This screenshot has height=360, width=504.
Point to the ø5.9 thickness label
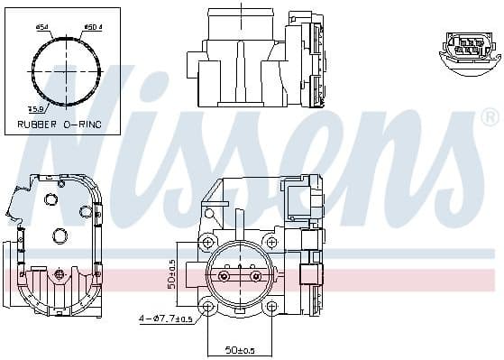[x=35, y=110]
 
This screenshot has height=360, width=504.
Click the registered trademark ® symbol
[x=490, y=116]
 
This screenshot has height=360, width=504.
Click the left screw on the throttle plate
[x=229, y=267]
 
